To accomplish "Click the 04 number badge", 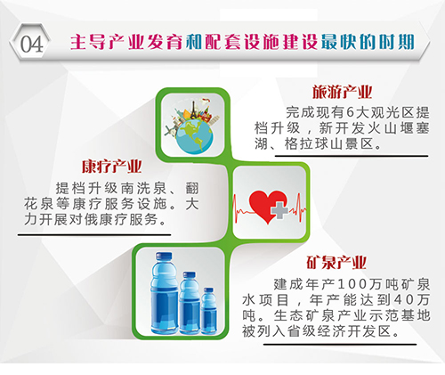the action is click(31, 44).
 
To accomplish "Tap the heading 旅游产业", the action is click(342, 92).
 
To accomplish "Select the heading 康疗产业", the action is click(112, 167).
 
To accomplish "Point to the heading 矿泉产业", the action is click(336, 263).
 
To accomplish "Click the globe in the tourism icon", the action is click(194, 136).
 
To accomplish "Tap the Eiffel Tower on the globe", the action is click(194, 111).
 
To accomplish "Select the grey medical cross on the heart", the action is click(279, 209).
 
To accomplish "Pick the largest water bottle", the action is click(164, 293).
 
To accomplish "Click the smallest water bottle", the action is click(208, 311).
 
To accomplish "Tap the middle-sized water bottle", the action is click(189, 303).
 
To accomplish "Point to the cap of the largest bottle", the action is click(164, 257).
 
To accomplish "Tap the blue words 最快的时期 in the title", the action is click(368, 42).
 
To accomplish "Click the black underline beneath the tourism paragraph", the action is click(352, 156).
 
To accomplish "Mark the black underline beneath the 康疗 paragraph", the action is click(94, 235).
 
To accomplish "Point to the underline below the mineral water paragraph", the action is click(340, 345).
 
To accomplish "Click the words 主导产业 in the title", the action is click(108, 42).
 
